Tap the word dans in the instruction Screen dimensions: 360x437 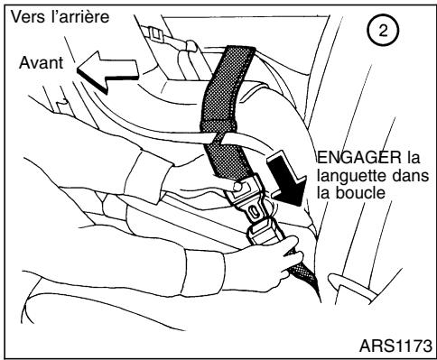tap(405, 176)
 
